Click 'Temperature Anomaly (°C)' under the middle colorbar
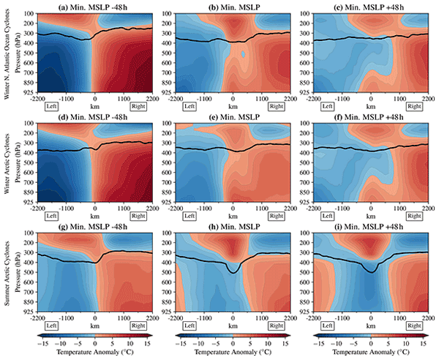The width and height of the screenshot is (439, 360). tap(233, 353)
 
